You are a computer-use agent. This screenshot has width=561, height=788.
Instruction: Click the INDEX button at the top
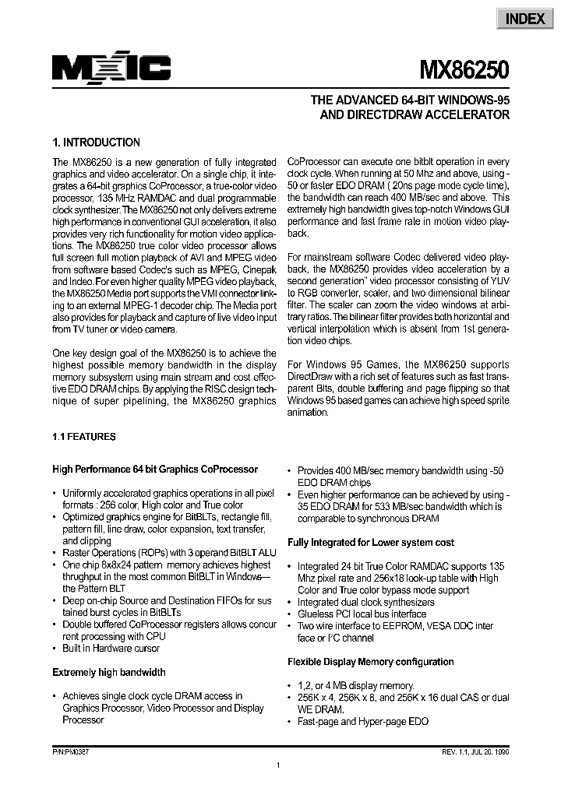click(x=525, y=19)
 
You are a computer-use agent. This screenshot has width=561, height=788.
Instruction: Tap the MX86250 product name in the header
click(x=466, y=72)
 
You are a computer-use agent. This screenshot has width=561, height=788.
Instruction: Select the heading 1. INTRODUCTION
click(x=96, y=142)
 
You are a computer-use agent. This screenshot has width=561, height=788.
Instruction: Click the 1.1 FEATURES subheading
click(x=83, y=437)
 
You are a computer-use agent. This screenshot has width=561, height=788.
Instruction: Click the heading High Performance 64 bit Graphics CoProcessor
click(x=155, y=470)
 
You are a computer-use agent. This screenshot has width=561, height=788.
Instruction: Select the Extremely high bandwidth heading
click(x=109, y=672)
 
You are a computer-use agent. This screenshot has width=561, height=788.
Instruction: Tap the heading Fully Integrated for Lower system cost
click(x=371, y=542)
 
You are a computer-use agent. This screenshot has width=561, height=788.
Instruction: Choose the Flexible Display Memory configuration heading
click(x=371, y=662)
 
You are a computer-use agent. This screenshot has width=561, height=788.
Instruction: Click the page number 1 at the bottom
click(x=278, y=766)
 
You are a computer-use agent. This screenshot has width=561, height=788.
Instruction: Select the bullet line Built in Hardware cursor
click(x=114, y=649)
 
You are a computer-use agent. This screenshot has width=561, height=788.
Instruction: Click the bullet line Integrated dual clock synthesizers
click(x=366, y=603)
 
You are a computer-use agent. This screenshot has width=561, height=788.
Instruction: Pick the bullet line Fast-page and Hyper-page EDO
click(x=363, y=721)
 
